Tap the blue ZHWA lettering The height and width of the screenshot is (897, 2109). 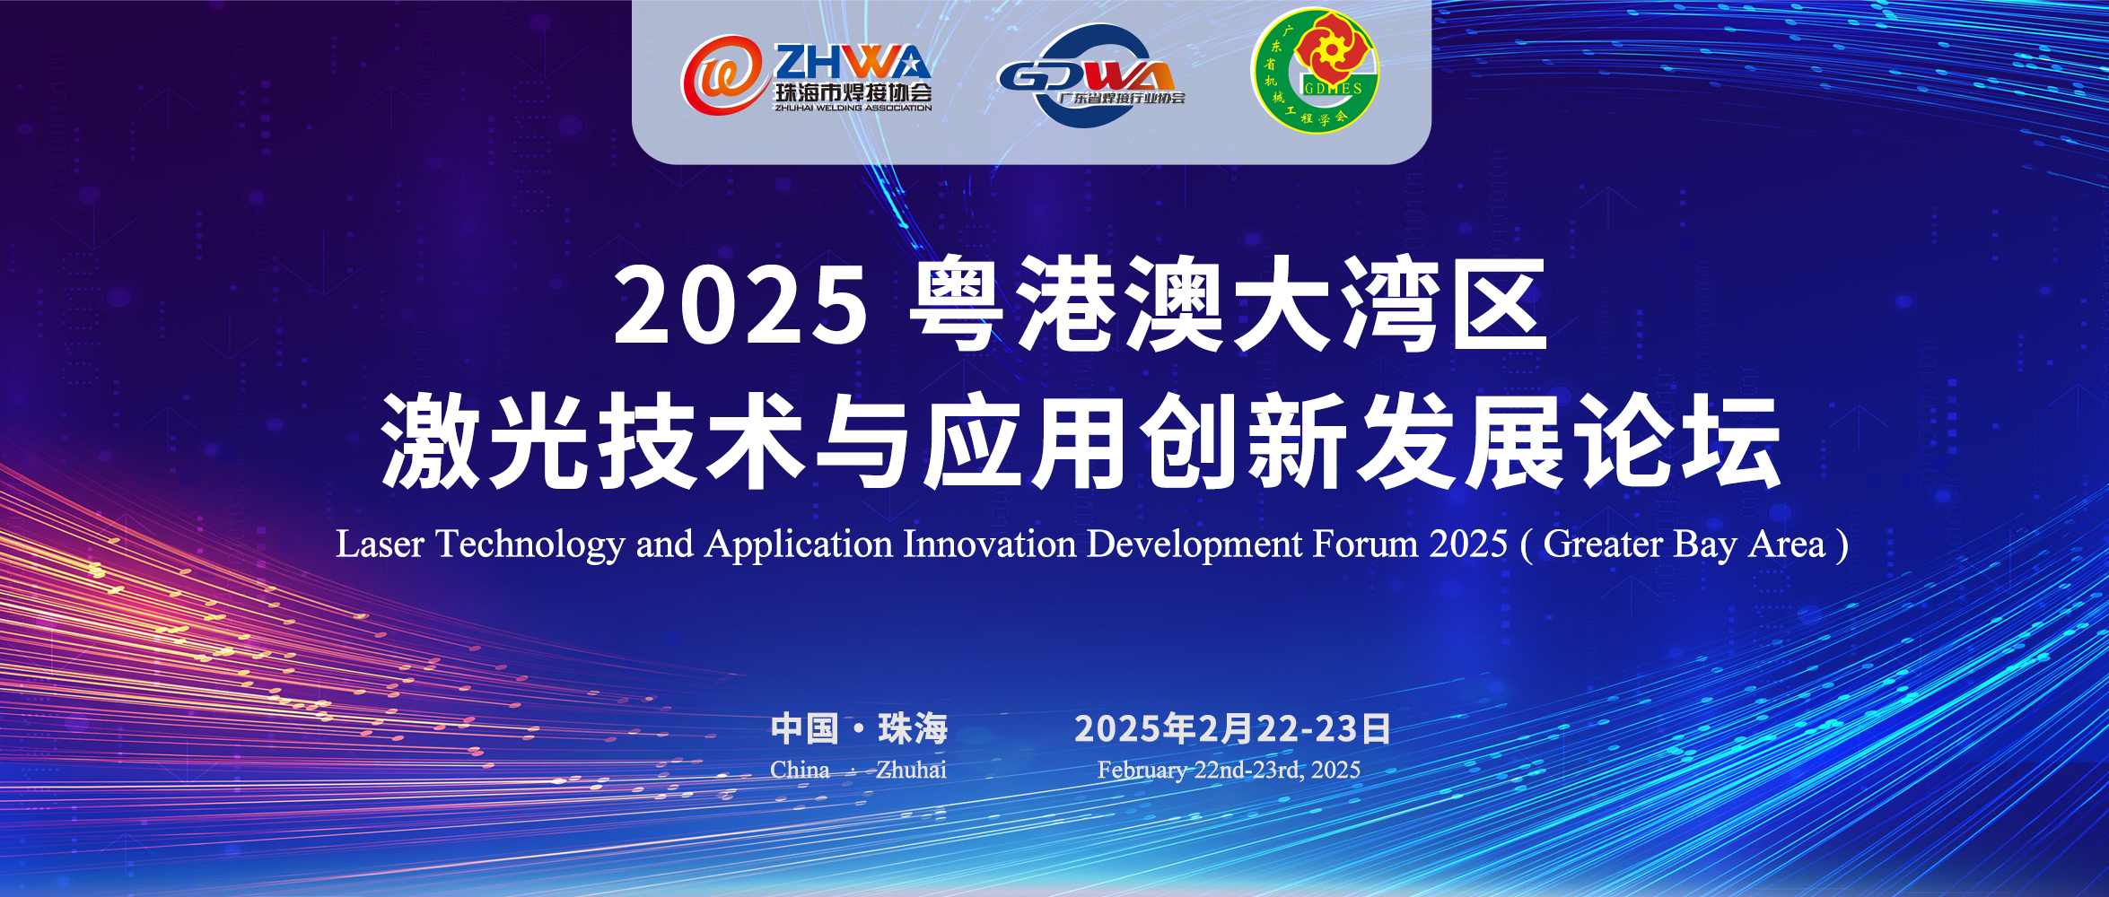852,63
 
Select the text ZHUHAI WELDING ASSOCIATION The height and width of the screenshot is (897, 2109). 853,108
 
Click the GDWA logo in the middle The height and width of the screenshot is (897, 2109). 1091,76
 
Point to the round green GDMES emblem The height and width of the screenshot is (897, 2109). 1315,71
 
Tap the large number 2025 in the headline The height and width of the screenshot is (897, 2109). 741,306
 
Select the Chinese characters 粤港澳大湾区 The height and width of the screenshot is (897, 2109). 1229,304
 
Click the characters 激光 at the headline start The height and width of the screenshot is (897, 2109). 485,441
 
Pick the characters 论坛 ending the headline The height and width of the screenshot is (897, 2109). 1678,441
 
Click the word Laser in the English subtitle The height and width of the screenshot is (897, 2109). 380,544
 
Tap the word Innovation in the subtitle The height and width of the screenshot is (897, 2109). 989,544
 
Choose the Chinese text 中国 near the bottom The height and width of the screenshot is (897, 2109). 804,728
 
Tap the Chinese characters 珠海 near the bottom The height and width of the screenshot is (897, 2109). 913,728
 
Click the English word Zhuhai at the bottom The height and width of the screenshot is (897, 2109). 911,770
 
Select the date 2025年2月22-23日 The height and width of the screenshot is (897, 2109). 1232,728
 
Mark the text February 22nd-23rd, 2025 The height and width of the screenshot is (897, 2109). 1229,771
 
